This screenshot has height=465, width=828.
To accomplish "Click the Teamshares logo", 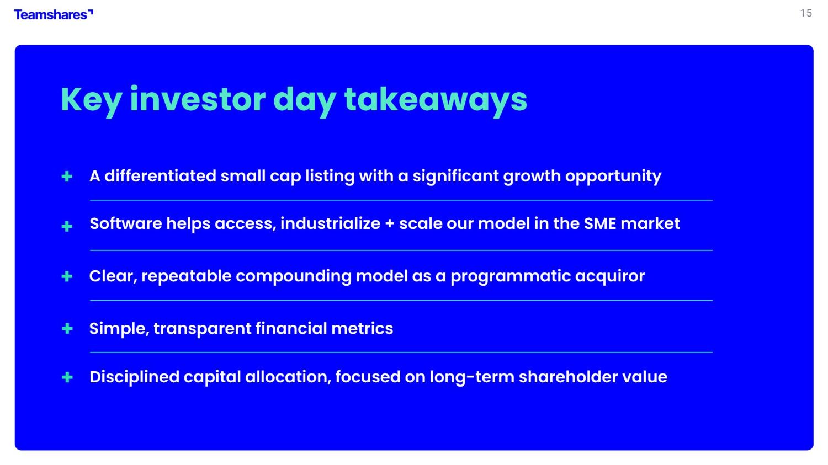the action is point(53,14).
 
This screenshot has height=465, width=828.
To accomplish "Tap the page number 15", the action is point(806,13).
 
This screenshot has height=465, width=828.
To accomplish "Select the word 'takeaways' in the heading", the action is point(436,101).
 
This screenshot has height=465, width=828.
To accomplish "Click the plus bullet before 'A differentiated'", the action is point(67,177).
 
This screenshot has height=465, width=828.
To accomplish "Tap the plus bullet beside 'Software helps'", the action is point(67,226).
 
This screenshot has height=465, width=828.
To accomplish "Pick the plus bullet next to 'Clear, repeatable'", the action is point(67,276).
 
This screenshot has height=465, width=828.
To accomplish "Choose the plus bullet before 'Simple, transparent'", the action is point(67,328).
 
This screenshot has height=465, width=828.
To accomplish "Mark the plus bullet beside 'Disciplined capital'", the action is point(67,377).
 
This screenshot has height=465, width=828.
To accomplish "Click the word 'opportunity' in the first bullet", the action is point(613,177).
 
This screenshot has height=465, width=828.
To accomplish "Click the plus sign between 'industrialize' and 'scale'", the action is point(390,224).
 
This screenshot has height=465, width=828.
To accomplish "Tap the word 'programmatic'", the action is point(511,277).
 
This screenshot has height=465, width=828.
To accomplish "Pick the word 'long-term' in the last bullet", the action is point(472,377).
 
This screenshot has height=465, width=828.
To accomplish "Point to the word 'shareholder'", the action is point(568,377).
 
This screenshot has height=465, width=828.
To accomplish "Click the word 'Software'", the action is point(126,223).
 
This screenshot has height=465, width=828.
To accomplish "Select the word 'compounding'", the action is point(294,277).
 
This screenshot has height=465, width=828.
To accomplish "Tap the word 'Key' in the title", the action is point(91,101).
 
